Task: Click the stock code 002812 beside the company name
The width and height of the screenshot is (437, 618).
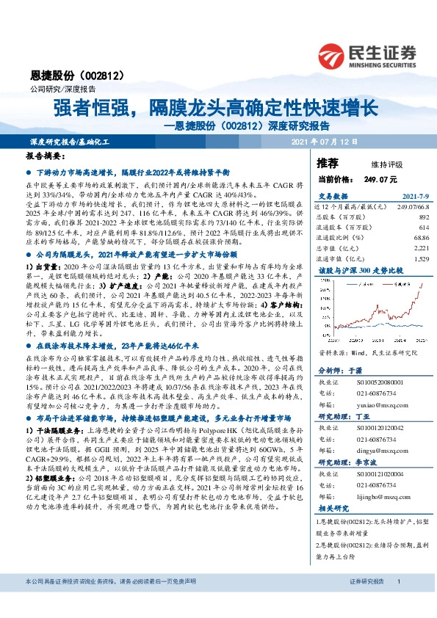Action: (x=107, y=76)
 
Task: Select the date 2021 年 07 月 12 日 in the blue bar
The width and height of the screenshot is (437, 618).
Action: (x=325, y=141)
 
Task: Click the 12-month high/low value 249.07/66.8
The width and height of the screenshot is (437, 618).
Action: (x=408, y=208)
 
